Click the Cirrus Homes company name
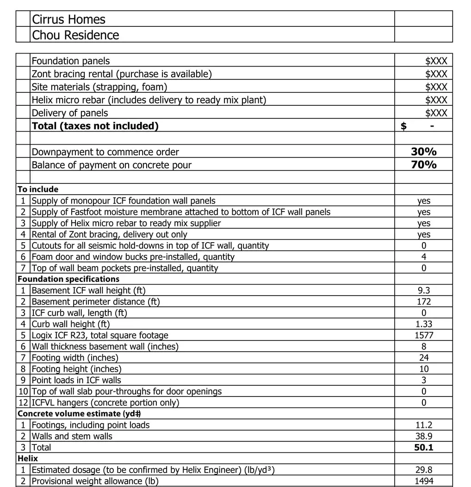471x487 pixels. point(68,19)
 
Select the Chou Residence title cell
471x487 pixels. point(75,35)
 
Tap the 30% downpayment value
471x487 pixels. point(423,152)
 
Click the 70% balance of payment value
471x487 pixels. point(423,164)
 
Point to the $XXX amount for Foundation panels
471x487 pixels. point(436,61)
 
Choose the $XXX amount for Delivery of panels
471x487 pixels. point(436,113)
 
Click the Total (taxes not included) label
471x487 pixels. point(95,126)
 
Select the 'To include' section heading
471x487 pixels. point(38,189)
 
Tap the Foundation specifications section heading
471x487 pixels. point(68,279)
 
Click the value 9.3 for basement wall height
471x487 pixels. point(423,291)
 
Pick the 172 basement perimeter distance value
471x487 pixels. point(423,302)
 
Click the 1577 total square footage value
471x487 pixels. point(423,335)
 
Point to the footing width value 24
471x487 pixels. point(423,358)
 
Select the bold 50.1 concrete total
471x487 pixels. point(423,447)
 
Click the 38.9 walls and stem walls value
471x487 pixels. point(423,436)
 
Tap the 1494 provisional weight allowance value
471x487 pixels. point(423,481)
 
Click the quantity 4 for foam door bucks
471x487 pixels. point(423,257)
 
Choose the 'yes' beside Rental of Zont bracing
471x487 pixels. point(423,235)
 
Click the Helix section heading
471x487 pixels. point(28,458)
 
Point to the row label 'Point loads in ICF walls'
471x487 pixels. point(76,380)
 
